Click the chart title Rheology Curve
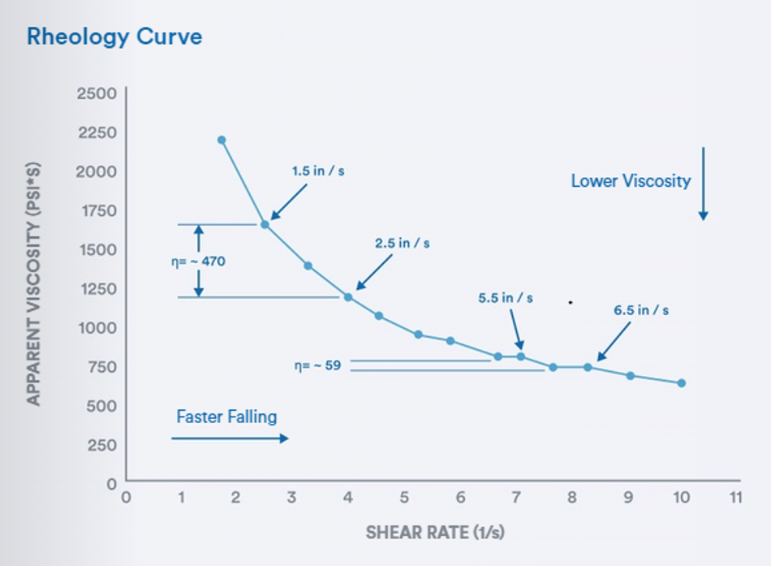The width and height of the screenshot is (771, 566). tap(114, 37)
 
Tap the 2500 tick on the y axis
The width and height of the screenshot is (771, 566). tap(97, 93)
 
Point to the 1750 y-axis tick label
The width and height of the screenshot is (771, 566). tap(97, 210)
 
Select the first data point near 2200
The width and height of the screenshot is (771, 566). tap(222, 140)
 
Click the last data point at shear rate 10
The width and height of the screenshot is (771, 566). tap(681, 382)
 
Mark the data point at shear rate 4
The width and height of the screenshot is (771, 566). tap(348, 297)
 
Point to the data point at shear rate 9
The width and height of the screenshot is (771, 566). tap(630, 375)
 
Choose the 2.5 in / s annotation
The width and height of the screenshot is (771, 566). tap(403, 243)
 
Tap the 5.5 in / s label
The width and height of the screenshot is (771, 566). tap(506, 298)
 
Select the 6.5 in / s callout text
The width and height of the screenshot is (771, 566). tap(642, 309)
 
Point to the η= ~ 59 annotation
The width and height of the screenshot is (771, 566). tap(317, 365)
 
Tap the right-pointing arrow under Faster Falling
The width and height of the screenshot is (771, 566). tap(230, 439)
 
